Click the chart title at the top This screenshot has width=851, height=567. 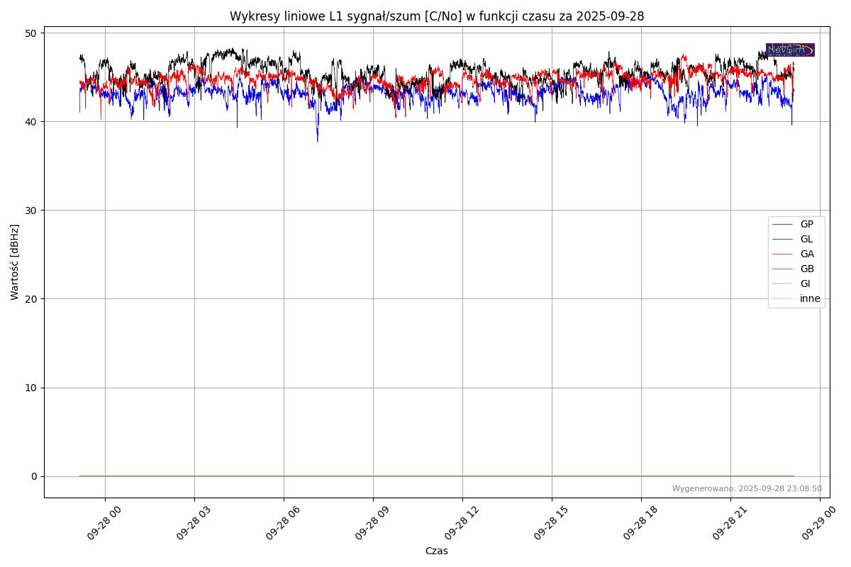pyautogui.click(x=436, y=16)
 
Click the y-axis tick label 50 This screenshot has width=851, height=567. pyautogui.click(x=31, y=33)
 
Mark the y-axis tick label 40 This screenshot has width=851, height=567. pyautogui.click(x=31, y=122)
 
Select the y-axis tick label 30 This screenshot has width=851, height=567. pyautogui.click(x=31, y=210)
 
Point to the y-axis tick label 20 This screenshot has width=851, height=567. pyautogui.click(x=31, y=299)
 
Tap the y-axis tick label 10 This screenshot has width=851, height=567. pyautogui.click(x=31, y=388)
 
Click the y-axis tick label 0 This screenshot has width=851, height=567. pyautogui.click(x=34, y=476)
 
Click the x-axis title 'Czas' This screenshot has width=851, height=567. pyautogui.click(x=436, y=551)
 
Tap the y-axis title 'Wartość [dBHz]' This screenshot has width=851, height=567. pyautogui.click(x=15, y=262)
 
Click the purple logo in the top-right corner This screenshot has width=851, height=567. pyautogui.click(x=790, y=50)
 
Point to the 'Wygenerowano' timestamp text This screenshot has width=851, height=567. pyautogui.click(x=747, y=489)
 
